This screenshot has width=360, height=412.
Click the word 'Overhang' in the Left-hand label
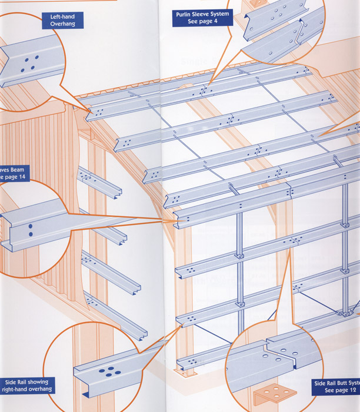(63, 24)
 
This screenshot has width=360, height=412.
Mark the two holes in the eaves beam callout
(28, 229)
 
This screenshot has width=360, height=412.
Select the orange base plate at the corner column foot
(186, 373)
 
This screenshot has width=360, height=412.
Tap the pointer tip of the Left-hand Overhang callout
(89, 114)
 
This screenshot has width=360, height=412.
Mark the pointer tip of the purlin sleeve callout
(203, 92)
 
